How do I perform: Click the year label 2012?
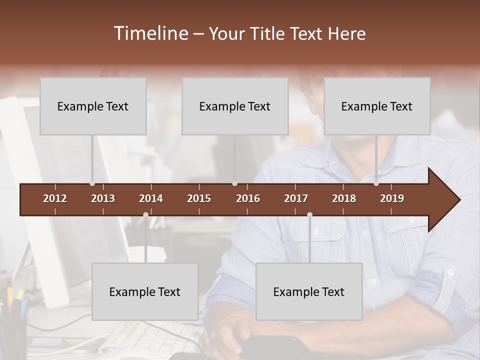(x=55, y=198)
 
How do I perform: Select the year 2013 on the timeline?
(x=103, y=198)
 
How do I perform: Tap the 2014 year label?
(x=151, y=198)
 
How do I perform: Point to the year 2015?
(x=199, y=198)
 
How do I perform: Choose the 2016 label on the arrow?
(x=248, y=198)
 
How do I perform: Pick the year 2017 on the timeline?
(x=296, y=198)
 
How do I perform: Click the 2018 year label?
(x=344, y=198)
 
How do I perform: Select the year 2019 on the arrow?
(x=392, y=198)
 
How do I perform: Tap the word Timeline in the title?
(x=150, y=33)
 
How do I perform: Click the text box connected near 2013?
(x=93, y=106)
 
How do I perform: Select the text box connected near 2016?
(x=235, y=106)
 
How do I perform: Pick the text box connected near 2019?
(x=377, y=106)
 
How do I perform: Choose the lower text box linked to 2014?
(x=145, y=291)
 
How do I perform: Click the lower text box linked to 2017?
(x=309, y=291)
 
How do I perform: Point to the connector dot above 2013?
(x=92, y=183)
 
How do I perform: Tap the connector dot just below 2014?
(x=145, y=215)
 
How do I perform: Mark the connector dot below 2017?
(x=309, y=215)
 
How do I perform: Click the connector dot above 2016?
(x=234, y=183)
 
